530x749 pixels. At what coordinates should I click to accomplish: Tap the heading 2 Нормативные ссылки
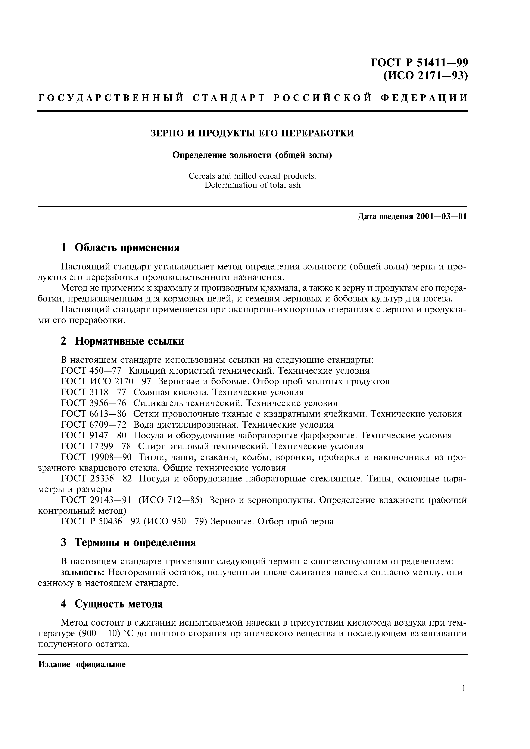point(122,341)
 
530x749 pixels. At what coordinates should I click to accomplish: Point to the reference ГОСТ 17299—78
point(96,446)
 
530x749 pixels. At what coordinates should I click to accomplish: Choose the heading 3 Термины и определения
point(128,543)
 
